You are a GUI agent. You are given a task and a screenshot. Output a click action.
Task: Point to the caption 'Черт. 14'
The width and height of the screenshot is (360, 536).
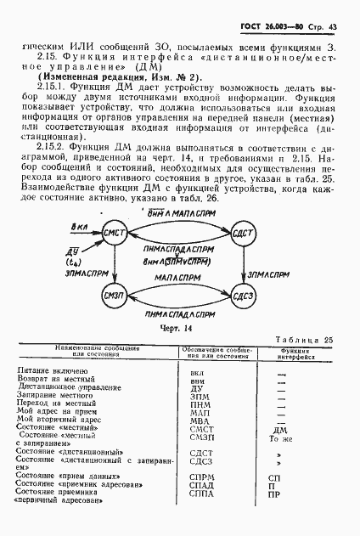(x=178, y=326)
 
